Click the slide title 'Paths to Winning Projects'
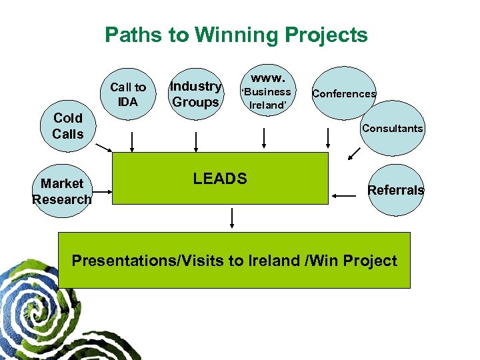click(x=236, y=35)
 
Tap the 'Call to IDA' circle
click(x=128, y=95)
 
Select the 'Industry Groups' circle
click(x=195, y=94)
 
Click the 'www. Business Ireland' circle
click(x=266, y=91)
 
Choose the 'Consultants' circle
click(x=392, y=127)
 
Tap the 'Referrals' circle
click(x=396, y=190)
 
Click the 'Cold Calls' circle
click(x=68, y=126)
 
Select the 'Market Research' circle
click(x=61, y=191)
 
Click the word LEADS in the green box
click(x=220, y=178)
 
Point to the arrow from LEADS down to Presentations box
click(x=233, y=218)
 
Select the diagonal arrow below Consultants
click(x=353, y=154)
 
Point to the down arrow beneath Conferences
click(x=328, y=137)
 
